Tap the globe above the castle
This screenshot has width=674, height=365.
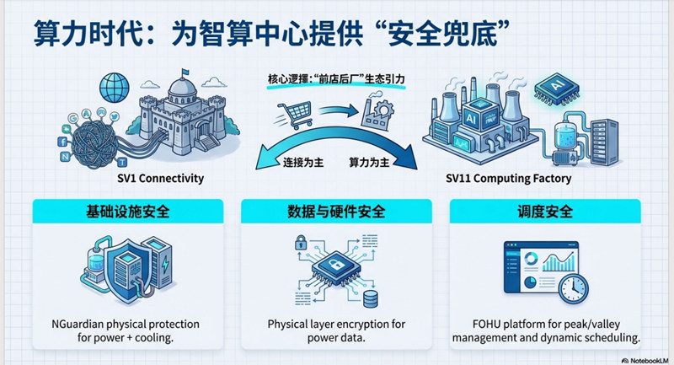coord(110,86)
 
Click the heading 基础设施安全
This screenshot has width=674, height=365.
coord(128,212)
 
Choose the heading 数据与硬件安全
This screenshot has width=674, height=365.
coord(336,212)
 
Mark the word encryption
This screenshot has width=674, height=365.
coord(374,324)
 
